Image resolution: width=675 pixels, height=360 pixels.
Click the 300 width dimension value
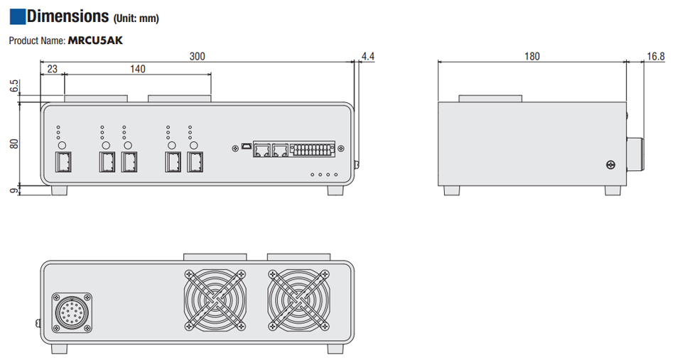tap(196, 56)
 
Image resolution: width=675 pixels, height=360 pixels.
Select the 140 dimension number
tap(137, 69)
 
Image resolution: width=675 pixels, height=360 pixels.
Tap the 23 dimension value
tap(52, 69)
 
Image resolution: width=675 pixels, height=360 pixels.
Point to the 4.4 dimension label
tap(367, 56)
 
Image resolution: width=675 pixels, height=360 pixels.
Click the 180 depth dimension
tap(531, 56)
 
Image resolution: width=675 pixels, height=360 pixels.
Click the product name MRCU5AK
tap(95, 40)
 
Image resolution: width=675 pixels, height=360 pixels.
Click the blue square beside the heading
tap(17, 16)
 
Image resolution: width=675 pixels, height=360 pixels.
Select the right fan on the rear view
tap(299, 300)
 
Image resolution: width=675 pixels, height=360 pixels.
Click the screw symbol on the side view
tap(610, 165)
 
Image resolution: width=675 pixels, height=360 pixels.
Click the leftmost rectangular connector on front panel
tap(63, 163)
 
